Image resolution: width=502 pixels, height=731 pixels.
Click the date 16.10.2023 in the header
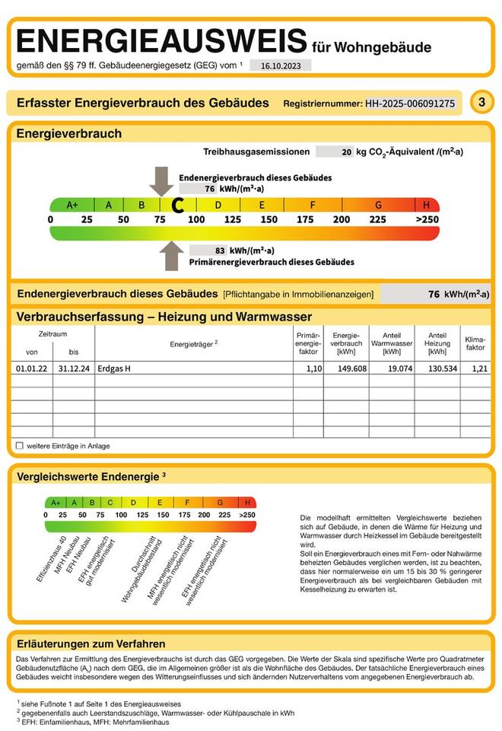280,66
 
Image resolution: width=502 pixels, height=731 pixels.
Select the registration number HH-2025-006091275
411,103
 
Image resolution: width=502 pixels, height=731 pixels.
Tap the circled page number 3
481,102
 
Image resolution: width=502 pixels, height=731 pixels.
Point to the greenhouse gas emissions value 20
347,152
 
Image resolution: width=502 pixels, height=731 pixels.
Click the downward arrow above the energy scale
161,181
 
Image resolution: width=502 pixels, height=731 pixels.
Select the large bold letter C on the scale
178,205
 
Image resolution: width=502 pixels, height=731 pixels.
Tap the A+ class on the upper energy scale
73,205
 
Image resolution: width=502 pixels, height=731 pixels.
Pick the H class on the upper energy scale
427,205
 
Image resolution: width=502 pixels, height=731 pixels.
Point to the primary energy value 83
220,250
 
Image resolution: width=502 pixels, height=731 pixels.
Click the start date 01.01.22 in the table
32,369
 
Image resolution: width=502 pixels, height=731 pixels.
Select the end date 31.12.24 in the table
74,369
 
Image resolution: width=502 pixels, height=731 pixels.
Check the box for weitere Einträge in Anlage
20,445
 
